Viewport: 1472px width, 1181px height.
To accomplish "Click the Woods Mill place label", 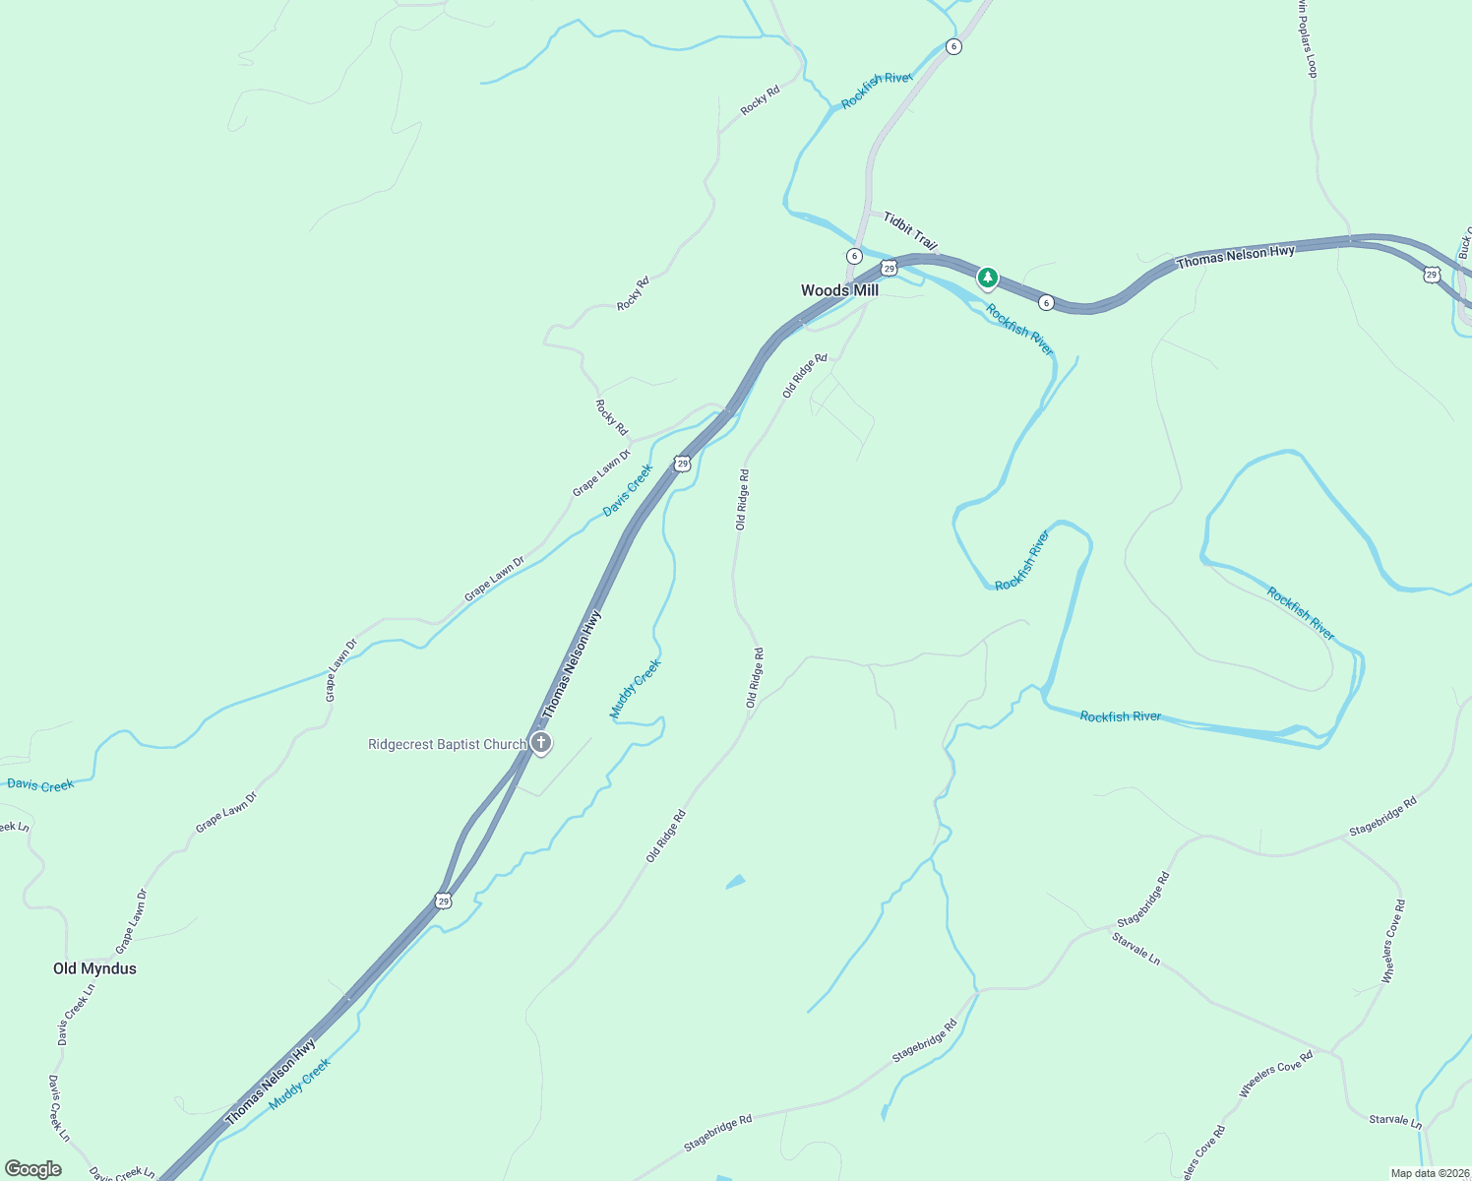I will click(x=839, y=290).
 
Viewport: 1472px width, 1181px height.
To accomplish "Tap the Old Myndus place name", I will click(x=94, y=968).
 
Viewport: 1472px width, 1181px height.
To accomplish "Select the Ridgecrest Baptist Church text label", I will click(x=447, y=745).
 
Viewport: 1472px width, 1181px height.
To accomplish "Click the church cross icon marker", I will click(x=540, y=742).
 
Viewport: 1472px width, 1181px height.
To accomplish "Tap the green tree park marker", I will click(x=987, y=278).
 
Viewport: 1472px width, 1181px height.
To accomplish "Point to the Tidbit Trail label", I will click(x=910, y=230).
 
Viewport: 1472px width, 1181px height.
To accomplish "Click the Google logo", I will click(x=33, y=1169).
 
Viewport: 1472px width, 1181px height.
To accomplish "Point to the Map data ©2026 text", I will click(x=1429, y=1173).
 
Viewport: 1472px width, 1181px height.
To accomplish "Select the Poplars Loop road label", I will click(x=1307, y=39).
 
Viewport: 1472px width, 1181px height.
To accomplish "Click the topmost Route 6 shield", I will click(x=952, y=46).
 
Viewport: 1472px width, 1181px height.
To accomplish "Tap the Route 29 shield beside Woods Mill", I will click(x=889, y=268).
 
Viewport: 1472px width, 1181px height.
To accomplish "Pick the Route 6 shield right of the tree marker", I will click(x=1046, y=302).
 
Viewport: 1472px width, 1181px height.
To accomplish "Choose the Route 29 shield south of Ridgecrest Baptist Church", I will click(x=444, y=901).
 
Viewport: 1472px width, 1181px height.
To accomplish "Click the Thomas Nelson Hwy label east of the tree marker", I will click(x=1236, y=257).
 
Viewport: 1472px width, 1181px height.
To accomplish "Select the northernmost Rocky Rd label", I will click(x=760, y=99).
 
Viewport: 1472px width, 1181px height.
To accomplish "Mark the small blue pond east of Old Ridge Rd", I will click(x=736, y=881).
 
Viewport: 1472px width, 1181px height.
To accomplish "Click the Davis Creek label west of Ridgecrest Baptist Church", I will click(x=40, y=784).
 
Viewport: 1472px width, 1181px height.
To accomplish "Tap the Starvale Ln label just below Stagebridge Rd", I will click(x=1135, y=948).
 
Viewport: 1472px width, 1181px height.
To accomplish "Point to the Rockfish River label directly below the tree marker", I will click(x=1019, y=330).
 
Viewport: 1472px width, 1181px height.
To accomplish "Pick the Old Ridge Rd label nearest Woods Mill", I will click(x=805, y=375).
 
